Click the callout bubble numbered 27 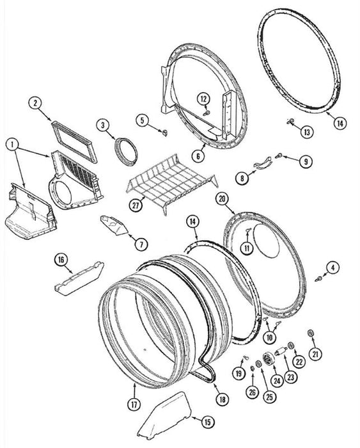tap(136, 205)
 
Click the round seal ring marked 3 tap(126, 151)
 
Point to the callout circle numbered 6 tap(198, 156)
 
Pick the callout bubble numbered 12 tap(204, 99)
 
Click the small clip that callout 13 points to tap(290, 122)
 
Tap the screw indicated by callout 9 tap(279, 156)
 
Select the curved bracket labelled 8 tap(263, 163)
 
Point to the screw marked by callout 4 tap(318, 278)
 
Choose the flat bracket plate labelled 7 tap(114, 225)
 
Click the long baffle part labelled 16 tap(79, 278)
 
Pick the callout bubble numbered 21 tap(315, 354)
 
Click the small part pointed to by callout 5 tap(164, 132)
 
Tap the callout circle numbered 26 tap(253, 392)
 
